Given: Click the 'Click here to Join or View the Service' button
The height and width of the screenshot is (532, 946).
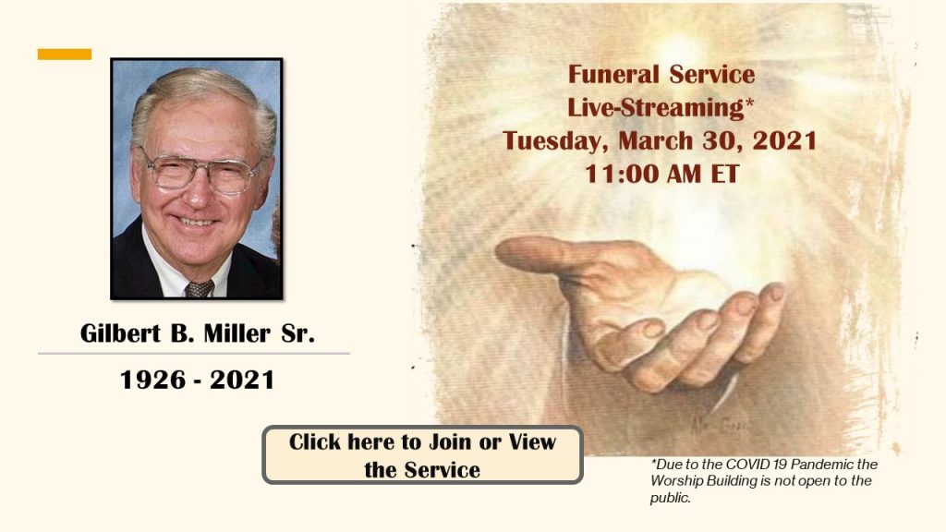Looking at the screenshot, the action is coord(422,454).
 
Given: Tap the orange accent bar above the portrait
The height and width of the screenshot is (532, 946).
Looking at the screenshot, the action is coord(65,54).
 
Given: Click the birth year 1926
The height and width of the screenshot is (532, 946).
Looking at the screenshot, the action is coord(152,380).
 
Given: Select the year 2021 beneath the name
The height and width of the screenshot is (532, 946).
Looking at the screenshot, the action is coord(242,380).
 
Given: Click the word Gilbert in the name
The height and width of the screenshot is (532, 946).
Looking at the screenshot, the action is coord(121,332).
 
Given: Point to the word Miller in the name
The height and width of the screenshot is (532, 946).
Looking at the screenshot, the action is coord(237,332).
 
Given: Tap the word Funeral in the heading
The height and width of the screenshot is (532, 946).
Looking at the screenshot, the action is coord(613,75).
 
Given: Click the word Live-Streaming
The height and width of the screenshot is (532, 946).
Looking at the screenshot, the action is coord(655,108).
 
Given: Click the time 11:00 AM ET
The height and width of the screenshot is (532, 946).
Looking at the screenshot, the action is coord(661,175).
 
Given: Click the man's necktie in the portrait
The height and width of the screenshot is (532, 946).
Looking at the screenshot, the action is coord(199,289).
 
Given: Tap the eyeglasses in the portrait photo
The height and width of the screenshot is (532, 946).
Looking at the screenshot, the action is coord(200,172).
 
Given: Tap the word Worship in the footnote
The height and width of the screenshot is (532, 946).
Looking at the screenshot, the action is coord(675,481).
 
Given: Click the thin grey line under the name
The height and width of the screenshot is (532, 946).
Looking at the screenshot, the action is coord(194,354).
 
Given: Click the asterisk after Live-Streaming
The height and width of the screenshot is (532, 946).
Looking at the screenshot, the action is coord(749,102).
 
